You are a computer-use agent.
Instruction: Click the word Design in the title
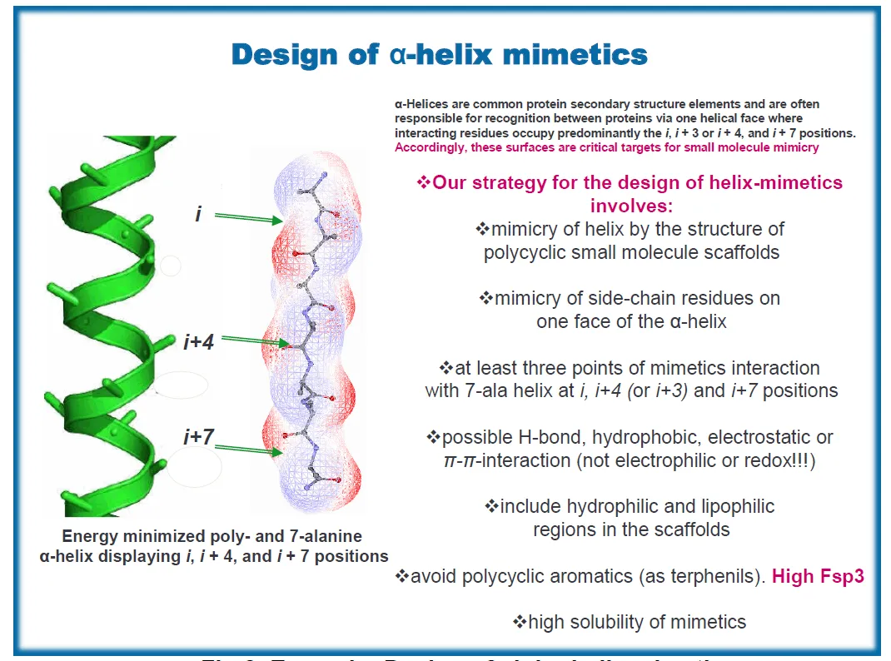point(281,55)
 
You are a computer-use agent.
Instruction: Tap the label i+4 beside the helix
point(199,341)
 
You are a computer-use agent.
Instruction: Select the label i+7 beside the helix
point(199,436)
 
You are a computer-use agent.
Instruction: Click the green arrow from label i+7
point(249,450)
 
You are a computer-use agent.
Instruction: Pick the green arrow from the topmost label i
point(249,218)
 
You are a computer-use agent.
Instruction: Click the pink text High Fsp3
point(818,576)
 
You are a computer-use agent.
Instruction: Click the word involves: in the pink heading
point(631,205)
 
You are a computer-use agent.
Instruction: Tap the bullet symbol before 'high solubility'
point(520,621)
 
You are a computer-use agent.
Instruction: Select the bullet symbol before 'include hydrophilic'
point(491,506)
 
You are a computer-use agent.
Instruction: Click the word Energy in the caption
point(89,537)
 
